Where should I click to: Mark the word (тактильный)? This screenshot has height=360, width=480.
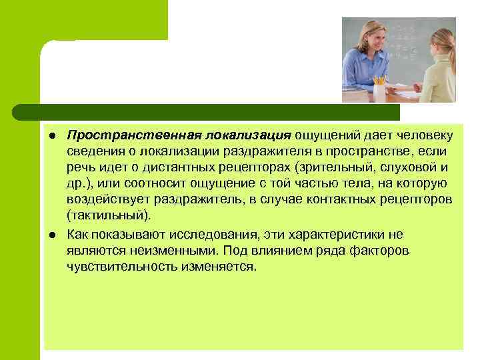pyautogui.click(x=109, y=215)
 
